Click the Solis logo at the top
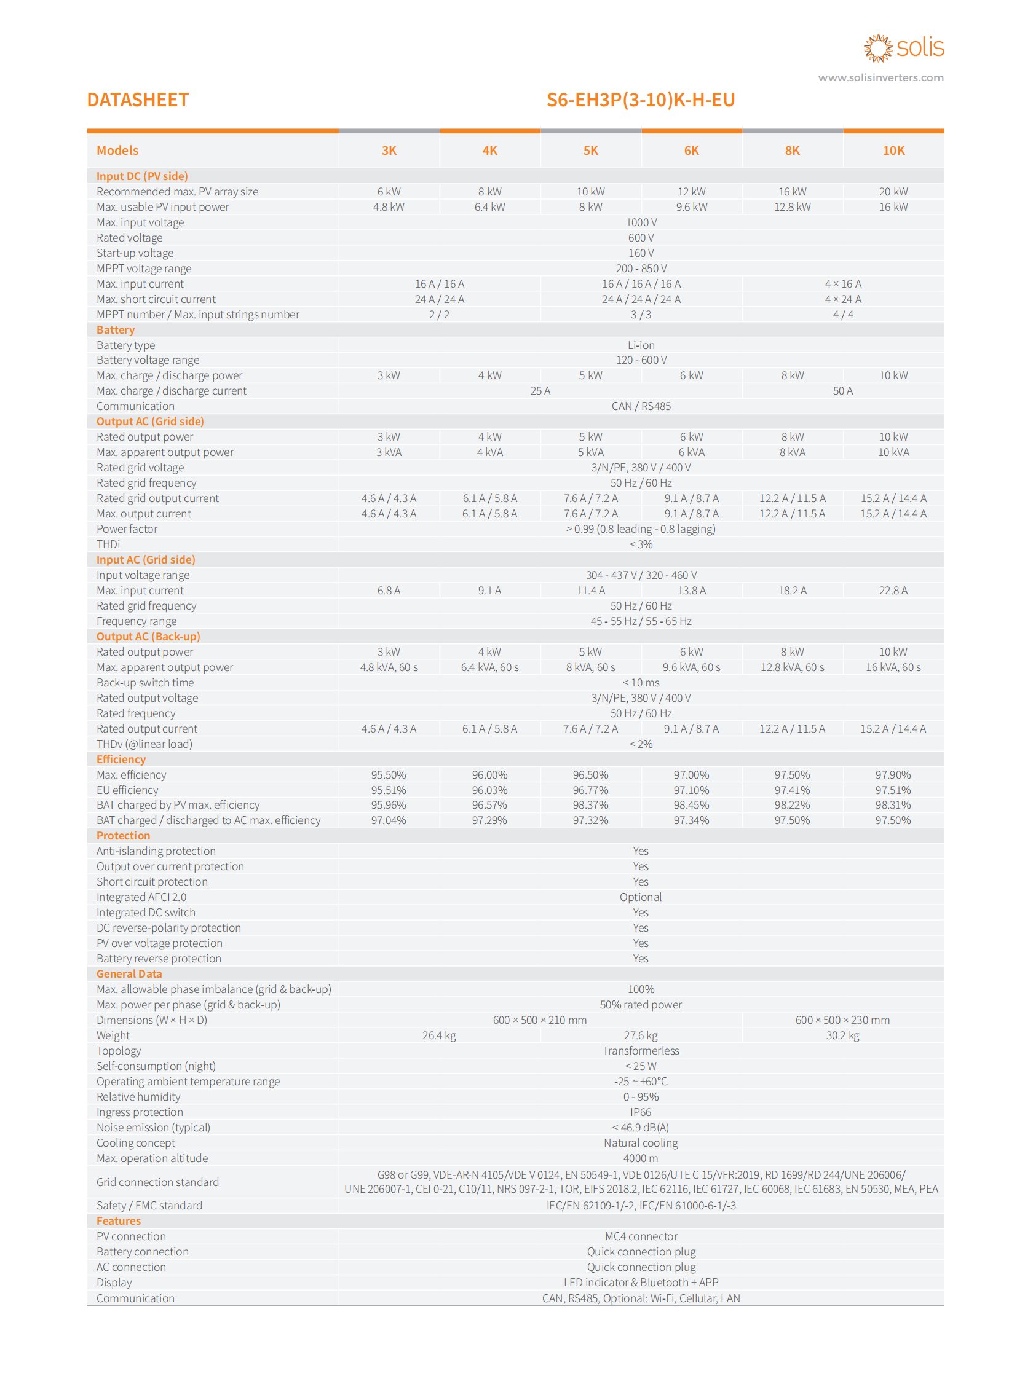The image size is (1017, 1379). [x=903, y=48]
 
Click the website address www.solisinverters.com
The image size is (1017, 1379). [x=880, y=77]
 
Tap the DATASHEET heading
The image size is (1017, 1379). [x=138, y=100]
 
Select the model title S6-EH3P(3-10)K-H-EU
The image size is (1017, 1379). [x=640, y=100]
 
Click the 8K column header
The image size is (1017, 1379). [x=792, y=151]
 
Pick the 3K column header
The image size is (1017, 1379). [x=389, y=151]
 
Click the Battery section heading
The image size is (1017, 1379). [x=116, y=330]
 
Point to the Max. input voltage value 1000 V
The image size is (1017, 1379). [x=641, y=222]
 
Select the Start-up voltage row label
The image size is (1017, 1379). [x=135, y=253]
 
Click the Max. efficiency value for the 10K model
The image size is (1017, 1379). [x=893, y=775]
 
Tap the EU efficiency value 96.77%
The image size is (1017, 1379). [x=590, y=790]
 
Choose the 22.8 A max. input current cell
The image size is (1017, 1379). [x=893, y=590]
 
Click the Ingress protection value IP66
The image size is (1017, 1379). [x=640, y=1112]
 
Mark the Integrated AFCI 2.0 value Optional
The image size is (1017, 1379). [x=640, y=897]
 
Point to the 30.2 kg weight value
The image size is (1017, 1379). [x=842, y=1035]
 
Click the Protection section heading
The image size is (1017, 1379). [x=123, y=836]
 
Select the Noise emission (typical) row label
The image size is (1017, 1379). [x=153, y=1127]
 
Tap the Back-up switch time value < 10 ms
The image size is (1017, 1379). [x=640, y=682]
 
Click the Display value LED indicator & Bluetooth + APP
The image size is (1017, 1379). [x=640, y=1283]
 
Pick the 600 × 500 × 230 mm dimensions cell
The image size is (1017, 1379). [x=842, y=1020]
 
